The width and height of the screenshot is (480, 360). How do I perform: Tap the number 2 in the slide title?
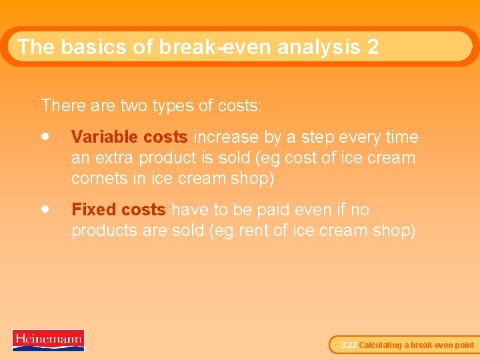[372, 47]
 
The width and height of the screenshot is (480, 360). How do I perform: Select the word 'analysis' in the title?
[314, 47]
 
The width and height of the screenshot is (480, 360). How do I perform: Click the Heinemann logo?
[48, 340]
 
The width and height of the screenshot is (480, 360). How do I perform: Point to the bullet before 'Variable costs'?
[45, 136]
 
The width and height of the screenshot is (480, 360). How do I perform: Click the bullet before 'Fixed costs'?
[45, 209]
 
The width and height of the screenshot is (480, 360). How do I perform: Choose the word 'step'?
[317, 137]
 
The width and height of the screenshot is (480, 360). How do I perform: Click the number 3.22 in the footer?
[349, 345]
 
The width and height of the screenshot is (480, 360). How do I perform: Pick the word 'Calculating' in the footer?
[380, 345]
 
